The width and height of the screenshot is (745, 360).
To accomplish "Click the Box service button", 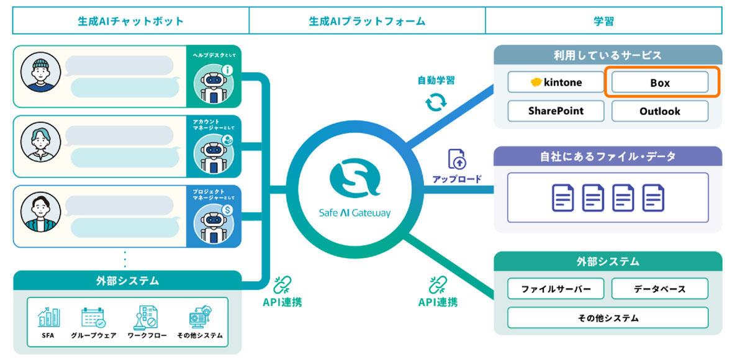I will tap(659, 83).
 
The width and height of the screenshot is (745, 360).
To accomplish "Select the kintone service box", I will tap(555, 83).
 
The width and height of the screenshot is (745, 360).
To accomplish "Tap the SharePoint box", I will tap(555, 111).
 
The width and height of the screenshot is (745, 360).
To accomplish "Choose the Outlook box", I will tap(659, 111).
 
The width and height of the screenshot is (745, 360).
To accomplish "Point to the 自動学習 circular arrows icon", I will tap(436, 102).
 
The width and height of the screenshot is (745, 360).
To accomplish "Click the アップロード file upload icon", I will tap(456, 160).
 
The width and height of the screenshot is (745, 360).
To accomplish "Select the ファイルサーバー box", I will tap(555, 289).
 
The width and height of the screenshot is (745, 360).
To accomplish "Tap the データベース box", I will tap(659, 289).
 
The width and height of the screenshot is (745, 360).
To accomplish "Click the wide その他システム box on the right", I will tap(607, 318).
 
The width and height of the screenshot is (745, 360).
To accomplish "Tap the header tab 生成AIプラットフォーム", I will tap(367, 21).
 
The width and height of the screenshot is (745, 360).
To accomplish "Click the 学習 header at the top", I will tap(603, 21).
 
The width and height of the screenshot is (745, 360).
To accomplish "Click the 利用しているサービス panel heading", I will tap(607, 55).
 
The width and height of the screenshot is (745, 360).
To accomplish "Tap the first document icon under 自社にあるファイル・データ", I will tap(562, 197).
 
